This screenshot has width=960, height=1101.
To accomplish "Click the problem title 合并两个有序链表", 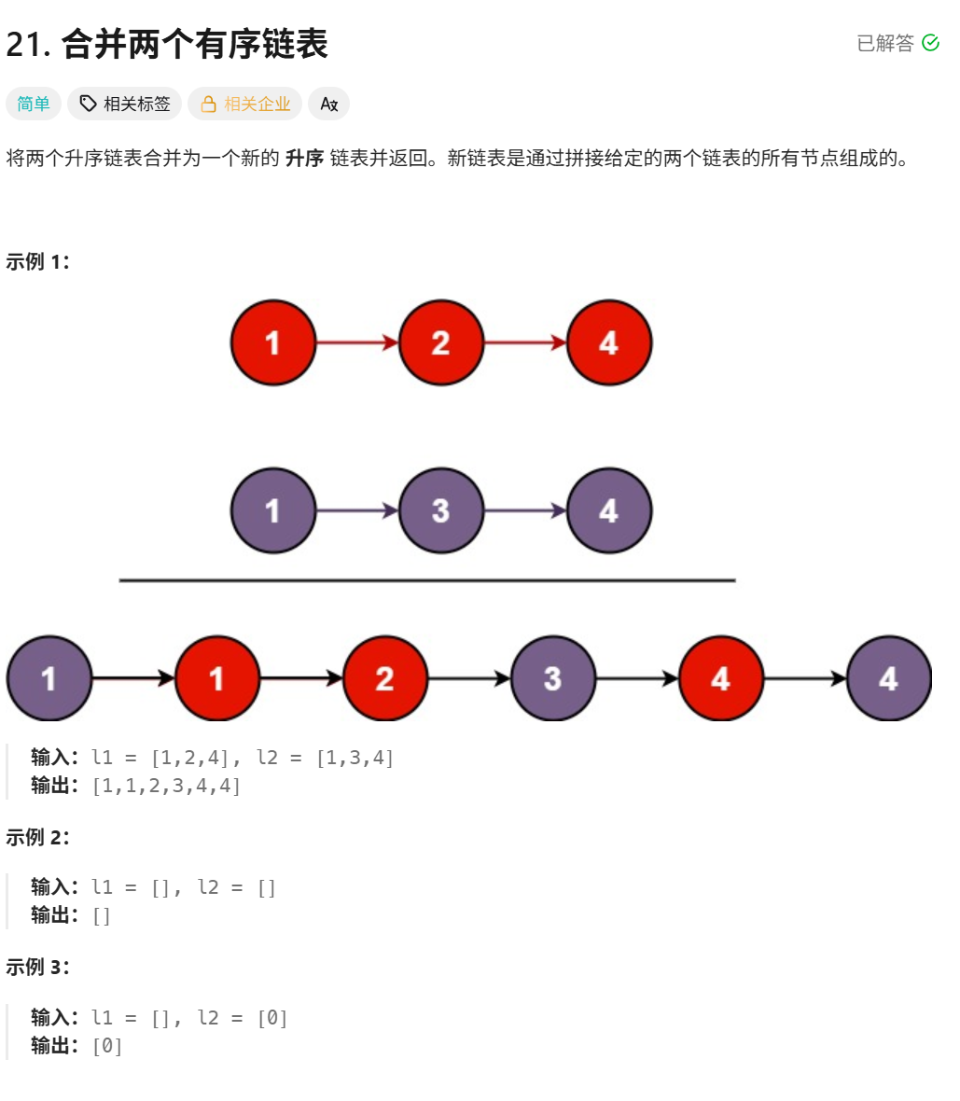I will (x=194, y=44).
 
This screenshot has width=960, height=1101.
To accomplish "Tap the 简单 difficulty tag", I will (x=34, y=104).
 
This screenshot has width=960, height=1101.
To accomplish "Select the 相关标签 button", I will (x=126, y=104).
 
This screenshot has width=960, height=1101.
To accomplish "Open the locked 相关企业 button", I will (x=245, y=104).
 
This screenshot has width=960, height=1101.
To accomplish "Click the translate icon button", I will (x=328, y=104).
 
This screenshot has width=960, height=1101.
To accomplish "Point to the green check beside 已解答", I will (x=930, y=43).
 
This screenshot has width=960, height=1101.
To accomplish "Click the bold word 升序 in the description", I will (x=304, y=158).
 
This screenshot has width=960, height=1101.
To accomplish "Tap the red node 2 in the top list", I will (x=440, y=342).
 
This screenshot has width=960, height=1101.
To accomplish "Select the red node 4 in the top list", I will (x=608, y=342).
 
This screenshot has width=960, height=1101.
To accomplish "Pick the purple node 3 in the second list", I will (x=440, y=510).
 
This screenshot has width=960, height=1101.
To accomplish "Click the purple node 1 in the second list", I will (x=272, y=510).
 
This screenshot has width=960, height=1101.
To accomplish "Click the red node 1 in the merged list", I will (x=216, y=678).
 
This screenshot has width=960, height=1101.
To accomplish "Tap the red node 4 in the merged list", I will (x=720, y=678).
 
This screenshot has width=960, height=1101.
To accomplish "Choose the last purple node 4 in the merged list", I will (x=888, y=678).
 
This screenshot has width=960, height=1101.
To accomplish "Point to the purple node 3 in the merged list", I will (x=552, y=678).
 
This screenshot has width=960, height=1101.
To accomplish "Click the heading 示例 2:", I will (x=38, y=837).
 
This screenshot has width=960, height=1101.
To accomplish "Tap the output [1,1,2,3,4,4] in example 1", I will (x=166, y=786).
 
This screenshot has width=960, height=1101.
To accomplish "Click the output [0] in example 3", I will (x=107, y=1046).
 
